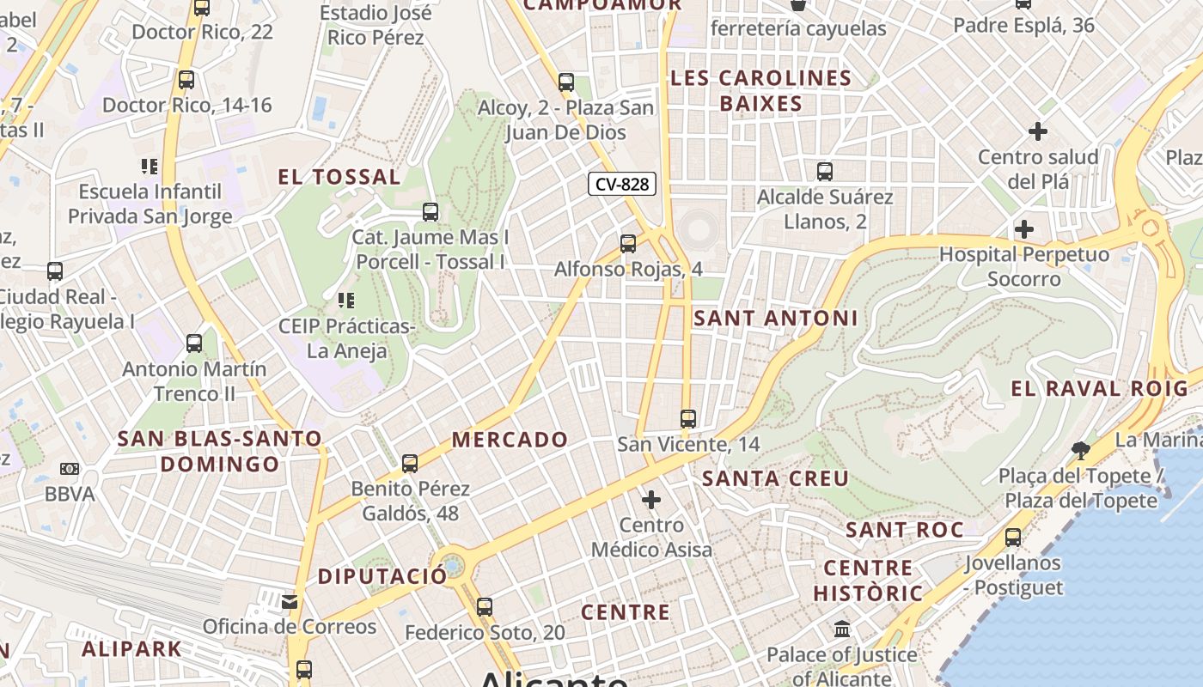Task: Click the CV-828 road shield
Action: point(622,184)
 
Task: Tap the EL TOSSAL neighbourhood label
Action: point(339,178)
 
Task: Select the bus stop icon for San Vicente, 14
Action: point(687,419)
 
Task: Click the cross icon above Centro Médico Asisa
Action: point(651,499)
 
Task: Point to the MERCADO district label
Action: point(510,440)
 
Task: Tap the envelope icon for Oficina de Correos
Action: point(290,601)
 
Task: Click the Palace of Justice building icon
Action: point(842,629)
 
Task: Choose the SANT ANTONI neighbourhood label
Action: point(775,318)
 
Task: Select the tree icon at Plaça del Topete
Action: point(1081,449)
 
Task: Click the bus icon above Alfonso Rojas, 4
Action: point(628,244)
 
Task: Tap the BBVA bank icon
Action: point(70,469)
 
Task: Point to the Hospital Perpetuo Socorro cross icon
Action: point(1023,229)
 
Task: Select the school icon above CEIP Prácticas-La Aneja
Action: point(346,301)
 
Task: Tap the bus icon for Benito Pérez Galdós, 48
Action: point(410,464)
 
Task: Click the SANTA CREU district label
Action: point(775,478)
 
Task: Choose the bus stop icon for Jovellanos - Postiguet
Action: point(1013,538)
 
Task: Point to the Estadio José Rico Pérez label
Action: point(376,25)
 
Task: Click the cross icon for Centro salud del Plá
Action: point(1038,131)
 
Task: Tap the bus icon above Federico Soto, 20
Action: point(485,607)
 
